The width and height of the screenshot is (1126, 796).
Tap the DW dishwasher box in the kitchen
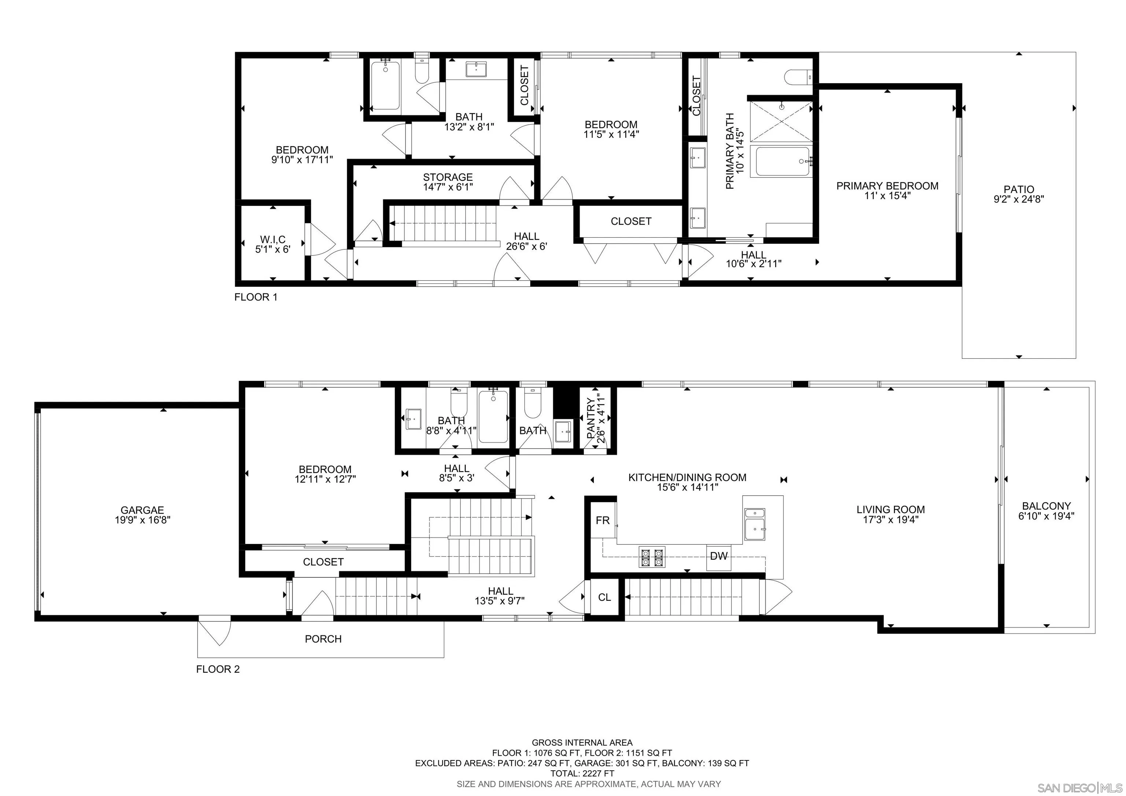718,556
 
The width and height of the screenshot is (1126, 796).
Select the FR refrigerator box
602,521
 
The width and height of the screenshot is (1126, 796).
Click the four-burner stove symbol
652,557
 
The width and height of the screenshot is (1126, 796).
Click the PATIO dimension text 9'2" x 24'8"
1019,199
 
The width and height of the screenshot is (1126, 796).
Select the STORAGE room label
448,177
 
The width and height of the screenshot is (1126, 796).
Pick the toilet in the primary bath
798,77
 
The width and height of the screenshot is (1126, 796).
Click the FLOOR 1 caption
255,297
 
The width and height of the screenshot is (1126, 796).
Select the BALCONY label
1046,506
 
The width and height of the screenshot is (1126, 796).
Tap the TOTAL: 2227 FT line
582,773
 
